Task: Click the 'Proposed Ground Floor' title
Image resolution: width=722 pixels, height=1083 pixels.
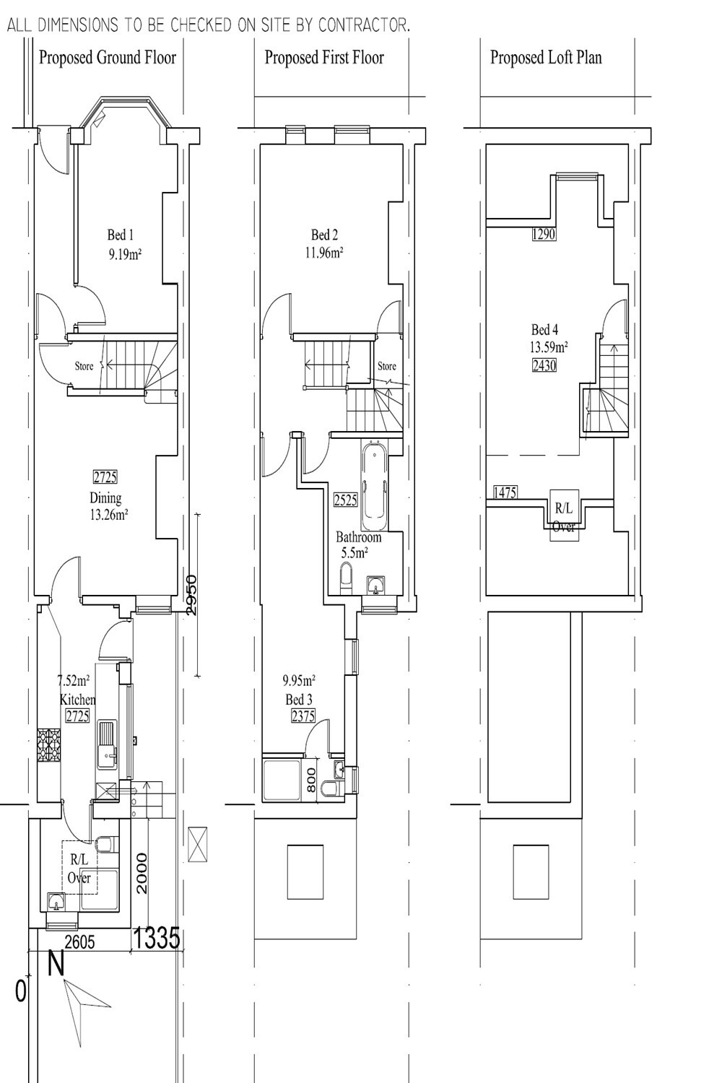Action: point(108,58)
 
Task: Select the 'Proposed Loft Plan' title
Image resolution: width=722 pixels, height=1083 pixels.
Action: point(546,58)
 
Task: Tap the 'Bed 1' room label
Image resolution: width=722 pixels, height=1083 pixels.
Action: point(121,235)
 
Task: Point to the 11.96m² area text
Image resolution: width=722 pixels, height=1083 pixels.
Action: point(324,253)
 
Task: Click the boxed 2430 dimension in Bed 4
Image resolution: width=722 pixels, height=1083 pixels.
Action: point(544,365)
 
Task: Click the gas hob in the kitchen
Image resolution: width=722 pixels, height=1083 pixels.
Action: point(49,746)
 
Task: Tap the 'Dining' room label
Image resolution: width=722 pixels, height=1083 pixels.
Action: point(105,498)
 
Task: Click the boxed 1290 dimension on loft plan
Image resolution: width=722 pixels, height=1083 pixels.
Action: point(544,235)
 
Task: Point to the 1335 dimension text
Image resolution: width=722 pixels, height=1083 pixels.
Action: point(156,939)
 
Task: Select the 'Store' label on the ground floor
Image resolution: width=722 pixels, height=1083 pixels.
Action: point(84,366)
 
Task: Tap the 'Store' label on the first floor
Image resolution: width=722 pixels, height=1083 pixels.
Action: point(387,366)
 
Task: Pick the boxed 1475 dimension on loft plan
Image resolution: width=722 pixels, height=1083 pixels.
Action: point(505,492)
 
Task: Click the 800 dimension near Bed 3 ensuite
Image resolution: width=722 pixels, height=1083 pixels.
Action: point(311,780)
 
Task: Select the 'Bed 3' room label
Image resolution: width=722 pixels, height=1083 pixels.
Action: point(299,700)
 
